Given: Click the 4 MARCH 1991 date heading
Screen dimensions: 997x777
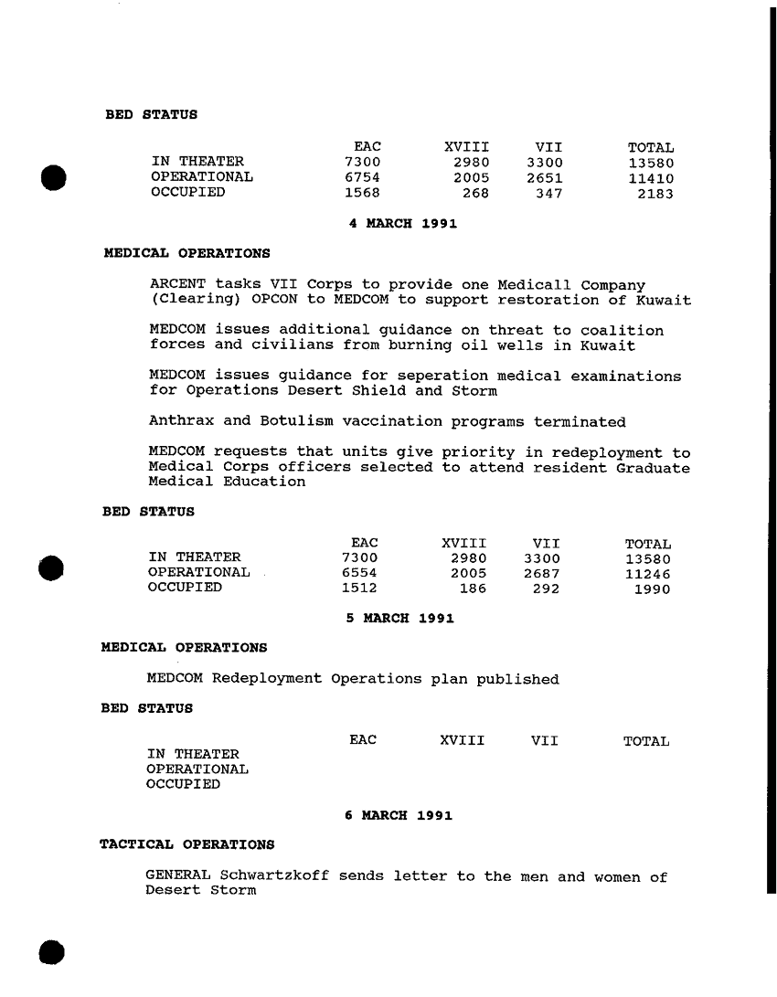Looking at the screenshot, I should click(x=403, y=222).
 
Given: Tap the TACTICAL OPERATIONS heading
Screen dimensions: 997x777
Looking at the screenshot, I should click(x=186, y=843).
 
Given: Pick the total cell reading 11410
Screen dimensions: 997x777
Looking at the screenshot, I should click(x=651, y=177).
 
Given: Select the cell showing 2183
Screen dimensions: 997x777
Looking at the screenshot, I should click(x=655, y=193).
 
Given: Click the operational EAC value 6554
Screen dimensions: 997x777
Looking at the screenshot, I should click(x=358, y=572).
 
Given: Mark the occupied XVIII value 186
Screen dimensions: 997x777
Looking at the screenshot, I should click(x=472, y=589).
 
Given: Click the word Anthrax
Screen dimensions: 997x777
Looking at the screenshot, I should click(x=182, y=422).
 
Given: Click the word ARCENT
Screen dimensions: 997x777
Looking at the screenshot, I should click(x=177, y=286).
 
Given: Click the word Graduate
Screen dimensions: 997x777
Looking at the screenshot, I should click(x=653, y=468).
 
